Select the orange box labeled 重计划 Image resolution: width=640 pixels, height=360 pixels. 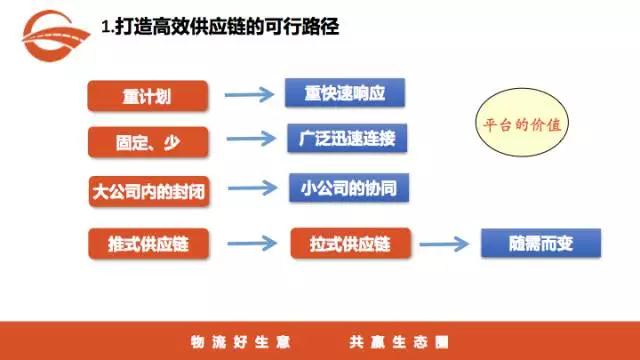point(149,96)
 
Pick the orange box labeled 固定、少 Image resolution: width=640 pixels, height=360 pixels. point(149,140)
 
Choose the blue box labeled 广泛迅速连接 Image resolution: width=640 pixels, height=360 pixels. point(347,137)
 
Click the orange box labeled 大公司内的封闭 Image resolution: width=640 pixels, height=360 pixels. point(149,190)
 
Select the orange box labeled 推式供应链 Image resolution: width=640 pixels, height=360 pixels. point(149,244)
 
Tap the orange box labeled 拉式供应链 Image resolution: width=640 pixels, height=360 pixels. point(351,244)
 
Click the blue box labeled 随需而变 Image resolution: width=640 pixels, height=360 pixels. point(540,243)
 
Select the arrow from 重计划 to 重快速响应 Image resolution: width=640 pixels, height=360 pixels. point(248,96)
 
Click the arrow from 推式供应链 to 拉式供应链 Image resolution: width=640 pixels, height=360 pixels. point(250,244)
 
